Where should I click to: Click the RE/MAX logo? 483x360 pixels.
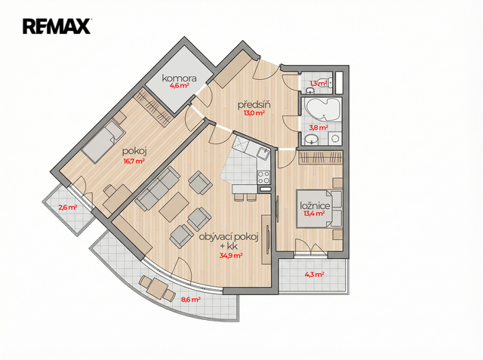point(57,26)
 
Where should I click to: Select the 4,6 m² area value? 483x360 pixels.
point(180,85)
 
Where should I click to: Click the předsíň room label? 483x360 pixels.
point(254,105)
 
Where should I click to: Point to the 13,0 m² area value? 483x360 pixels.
point(254,113)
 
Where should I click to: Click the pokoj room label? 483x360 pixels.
point(134,152)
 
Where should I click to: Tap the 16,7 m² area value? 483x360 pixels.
point(134,161)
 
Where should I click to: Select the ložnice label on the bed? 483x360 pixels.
point(315,206)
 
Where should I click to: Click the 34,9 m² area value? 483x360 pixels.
point(231,255)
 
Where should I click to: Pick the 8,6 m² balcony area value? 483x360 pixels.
point(191,299)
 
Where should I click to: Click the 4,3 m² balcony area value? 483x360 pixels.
point(314,274)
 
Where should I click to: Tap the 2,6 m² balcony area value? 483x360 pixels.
point(68,208)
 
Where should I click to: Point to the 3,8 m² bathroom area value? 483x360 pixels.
point(318,128)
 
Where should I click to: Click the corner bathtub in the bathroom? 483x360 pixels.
point(323,110)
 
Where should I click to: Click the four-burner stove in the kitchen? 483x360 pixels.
point(263,177)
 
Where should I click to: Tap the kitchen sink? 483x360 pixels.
point(263,152)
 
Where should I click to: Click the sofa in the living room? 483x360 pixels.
point(158,189)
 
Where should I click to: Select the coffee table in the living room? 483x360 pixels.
point(174,207)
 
